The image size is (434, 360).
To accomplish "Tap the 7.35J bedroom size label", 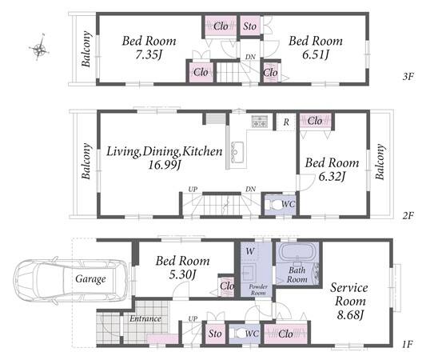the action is (x=149, y=55).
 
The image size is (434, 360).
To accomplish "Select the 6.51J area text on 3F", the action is (x=316, y=55).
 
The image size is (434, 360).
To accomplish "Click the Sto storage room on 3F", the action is (x=250, y=26).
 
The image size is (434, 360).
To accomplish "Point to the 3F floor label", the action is (x=408, y=76).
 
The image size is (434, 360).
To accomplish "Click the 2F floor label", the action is (x=408, y=215).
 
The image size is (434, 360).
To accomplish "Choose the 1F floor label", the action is (x=408, y=345).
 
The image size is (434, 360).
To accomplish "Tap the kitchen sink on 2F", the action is (x=237, y=152).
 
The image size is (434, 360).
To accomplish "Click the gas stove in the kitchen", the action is (x=260, y=122).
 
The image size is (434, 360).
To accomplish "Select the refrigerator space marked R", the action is (x=286, y=122).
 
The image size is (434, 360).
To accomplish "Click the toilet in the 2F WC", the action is (x=273, y=205).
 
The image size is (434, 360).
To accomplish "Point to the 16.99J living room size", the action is (x=165, y=166).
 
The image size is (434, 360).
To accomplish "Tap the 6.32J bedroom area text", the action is (x=332, y=176).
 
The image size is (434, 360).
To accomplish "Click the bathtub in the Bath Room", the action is (x=297, y=252).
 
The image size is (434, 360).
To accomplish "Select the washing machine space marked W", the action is (x=250, y=251).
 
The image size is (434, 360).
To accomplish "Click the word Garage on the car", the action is (x=90, y=278).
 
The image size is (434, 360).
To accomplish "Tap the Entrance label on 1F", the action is (x=145, y=318).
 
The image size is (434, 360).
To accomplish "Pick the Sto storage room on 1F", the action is (x=215, y=333).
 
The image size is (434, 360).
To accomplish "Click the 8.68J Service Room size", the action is (x=350, y=315).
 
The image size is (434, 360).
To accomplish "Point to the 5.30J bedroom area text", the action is (x=182, y=274).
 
